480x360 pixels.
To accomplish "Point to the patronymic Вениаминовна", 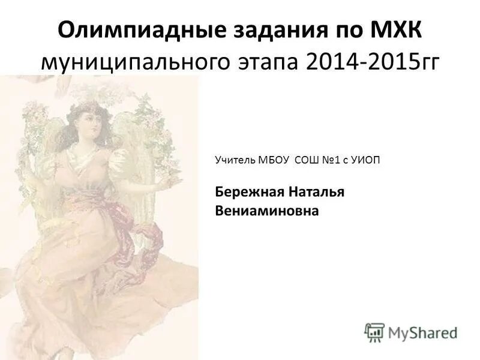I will [x=267, y=211].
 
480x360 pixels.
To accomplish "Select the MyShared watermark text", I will [x=422, y=332].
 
